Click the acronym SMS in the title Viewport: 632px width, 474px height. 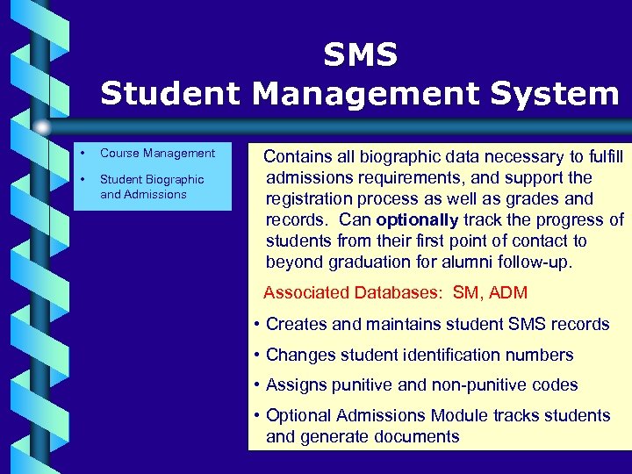pyautogui.click(x=360, y=55)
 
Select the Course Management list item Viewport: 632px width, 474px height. pyautogui.click(x=157, y=153)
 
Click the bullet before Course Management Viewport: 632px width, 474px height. pyautogui.click(x=81, y=153)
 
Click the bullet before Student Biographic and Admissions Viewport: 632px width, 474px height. pyautogui.click(x=81, y=179)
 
